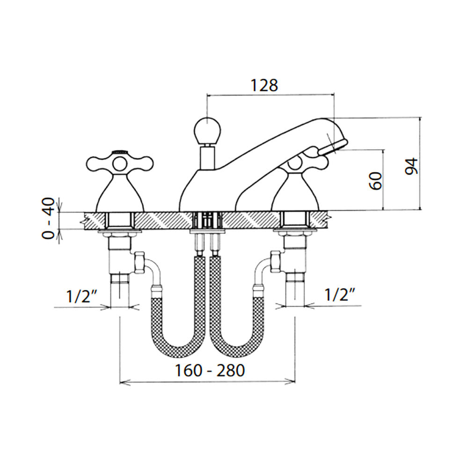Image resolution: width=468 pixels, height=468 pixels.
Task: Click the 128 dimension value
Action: coord(264,85)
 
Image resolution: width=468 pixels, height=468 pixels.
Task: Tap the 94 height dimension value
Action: coord(412,166)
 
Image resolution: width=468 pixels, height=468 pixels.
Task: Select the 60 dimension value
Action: coord(376,181)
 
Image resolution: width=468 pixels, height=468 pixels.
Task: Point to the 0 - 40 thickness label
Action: coord(48,218)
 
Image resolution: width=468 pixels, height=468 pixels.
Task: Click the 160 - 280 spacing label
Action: coord(210,371)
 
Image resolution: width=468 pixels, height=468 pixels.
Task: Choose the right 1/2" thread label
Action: coord(340,295)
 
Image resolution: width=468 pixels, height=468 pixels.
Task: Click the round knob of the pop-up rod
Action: coord(208,130)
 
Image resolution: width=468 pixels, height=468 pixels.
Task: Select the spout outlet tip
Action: coord(333,146)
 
